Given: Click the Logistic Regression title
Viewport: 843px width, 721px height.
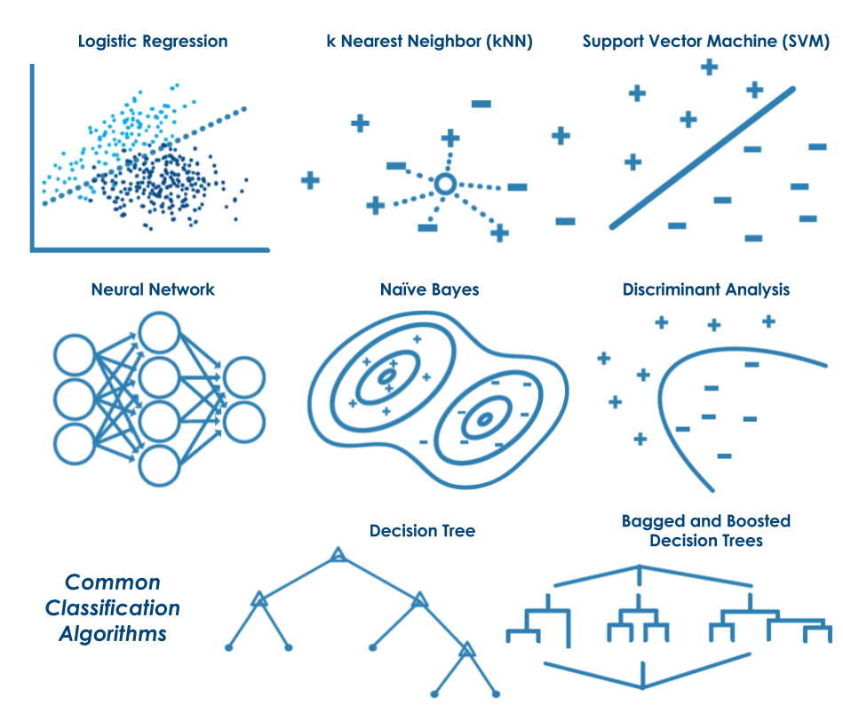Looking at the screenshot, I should (x=153, y=42).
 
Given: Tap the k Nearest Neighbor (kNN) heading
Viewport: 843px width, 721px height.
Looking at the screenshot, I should (x=429, y=42).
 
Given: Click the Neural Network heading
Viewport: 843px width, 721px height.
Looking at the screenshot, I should (x=153, y=289).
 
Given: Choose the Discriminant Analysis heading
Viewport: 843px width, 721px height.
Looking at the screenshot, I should (x=706, y=289).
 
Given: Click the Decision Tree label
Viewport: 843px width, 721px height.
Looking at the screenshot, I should (x=422, y=531).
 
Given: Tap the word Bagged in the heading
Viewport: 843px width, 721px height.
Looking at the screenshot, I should (x=647, y=520).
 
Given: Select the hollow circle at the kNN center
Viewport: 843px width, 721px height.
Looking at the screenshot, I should (x=445, y=185).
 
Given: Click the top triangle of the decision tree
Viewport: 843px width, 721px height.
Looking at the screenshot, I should (x=338, y=556).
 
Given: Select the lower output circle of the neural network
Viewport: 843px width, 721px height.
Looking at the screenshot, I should (x=244, y=420).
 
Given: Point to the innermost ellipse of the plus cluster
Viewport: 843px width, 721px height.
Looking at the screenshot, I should (x=387, y=376).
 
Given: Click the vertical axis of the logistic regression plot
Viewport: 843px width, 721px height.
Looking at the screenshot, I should (x=32, y=155).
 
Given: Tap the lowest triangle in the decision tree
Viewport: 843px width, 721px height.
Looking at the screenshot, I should (x=468, y=652).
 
